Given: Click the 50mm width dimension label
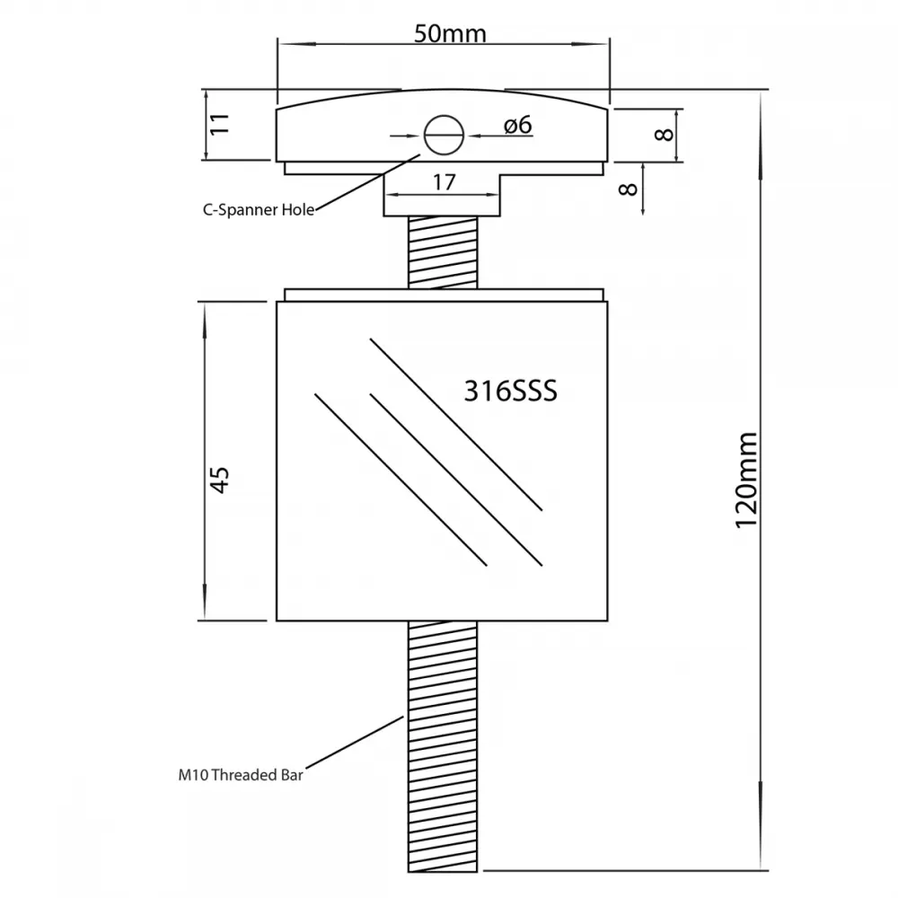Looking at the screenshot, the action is pyautogui.click(x=450, y=33).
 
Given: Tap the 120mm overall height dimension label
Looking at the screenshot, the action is pyautogui.click(x=747, y=480).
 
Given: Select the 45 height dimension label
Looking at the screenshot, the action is pyautogui.click(x=219, y=480).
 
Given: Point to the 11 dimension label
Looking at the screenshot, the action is pyautogui.click(x=219, y=124).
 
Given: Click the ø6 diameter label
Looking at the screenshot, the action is pyautogui.click(x=518, y=125).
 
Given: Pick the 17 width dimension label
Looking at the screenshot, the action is pyautogui.click(x=444, y=182).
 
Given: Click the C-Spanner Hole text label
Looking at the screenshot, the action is pyautogui.click(x=259, y=209).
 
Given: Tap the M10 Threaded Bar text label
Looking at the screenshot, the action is pyautogui.click(x=241, y=775).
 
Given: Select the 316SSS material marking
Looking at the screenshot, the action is pyautogui.click(x=510, y=392).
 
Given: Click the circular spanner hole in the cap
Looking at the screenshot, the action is pyautogui.click(x=444, y=136).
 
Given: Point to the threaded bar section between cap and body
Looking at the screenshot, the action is pyautogui.click(x=443, y=252).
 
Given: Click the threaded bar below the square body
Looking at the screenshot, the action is pyautogui.click(x=443, y=747).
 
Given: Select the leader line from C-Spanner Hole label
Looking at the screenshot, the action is pyautogui.click(x=367, y=182).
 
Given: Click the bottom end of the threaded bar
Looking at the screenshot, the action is pyautogui.click(x=443, y=872).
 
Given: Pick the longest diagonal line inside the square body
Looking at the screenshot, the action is pyautogui.click(x=456, y=425).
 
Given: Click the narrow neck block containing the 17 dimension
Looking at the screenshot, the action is pyautogui.click(x=442, y=196).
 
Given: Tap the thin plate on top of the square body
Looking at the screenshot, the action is pyautogui.click(x=444, y=295).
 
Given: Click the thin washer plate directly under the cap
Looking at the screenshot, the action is pyautogui.click(x=444, y=169).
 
